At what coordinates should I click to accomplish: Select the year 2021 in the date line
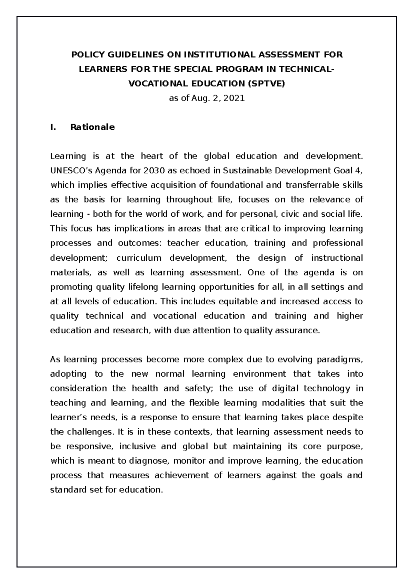tap(234, 98)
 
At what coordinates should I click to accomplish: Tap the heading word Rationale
tap(92, 127)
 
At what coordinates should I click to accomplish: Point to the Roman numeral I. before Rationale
tap(53, 127)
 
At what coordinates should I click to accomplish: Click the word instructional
tap(337, 258)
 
